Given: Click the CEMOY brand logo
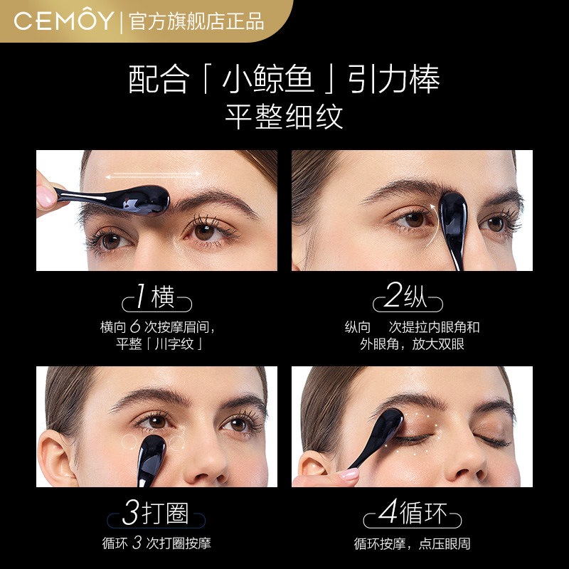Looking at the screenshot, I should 63,20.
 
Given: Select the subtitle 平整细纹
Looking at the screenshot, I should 284,116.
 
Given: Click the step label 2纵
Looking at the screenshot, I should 405,297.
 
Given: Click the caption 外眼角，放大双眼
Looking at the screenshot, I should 413,345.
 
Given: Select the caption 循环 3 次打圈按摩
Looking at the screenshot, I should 156,545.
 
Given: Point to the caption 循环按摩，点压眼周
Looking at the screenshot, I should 413,545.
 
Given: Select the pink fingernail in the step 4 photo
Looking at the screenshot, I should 351,473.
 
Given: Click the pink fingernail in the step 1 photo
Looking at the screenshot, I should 46,197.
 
